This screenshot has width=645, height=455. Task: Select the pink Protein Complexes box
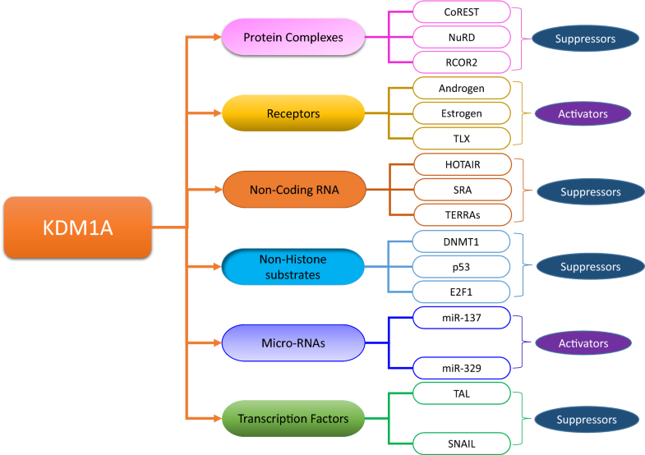tap(293, 37)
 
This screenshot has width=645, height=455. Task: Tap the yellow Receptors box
tap(293, 113)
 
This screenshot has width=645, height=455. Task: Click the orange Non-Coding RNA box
tap(293, 189)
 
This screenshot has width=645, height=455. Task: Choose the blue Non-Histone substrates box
tap(293, 266)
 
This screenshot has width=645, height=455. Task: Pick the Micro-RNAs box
tap(293, 342)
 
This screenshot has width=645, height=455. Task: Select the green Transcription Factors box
tap(293, 418)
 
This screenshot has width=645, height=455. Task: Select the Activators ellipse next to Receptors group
tap(582, 113)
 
